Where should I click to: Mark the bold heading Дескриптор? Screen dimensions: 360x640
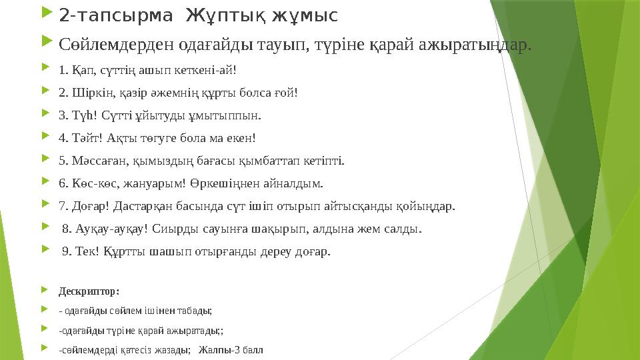pyautogui.click(x=89, y=291)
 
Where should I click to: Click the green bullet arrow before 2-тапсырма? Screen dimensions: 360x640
pyautogui.click(x=46, y=14)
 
